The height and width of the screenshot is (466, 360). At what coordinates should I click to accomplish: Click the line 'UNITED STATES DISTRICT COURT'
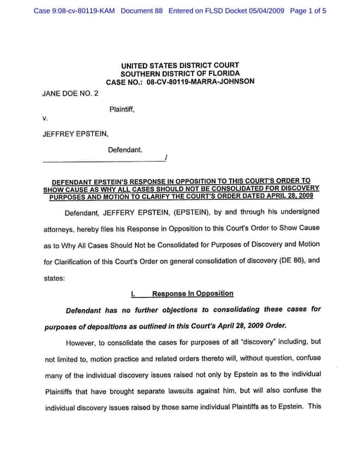click(180, 66)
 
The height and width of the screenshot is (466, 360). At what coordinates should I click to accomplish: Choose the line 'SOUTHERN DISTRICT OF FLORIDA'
click(180, 74)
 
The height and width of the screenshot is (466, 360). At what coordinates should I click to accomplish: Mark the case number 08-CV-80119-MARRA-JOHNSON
click(200, 82)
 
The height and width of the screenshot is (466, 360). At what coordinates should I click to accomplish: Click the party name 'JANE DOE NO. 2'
click(70, 93)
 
